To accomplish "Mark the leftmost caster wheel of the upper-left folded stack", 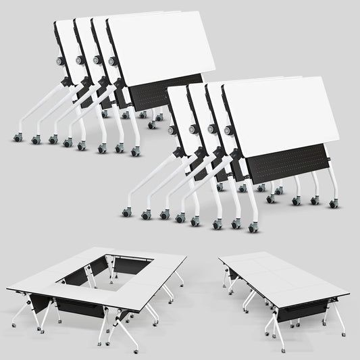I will (x=17, y=138).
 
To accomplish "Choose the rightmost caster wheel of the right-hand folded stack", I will (x=333, y=203).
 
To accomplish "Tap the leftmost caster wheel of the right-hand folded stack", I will (x=126, y=213).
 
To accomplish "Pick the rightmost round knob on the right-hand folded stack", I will (x=227, y=129).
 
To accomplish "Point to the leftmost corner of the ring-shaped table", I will (x=7, y=290).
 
